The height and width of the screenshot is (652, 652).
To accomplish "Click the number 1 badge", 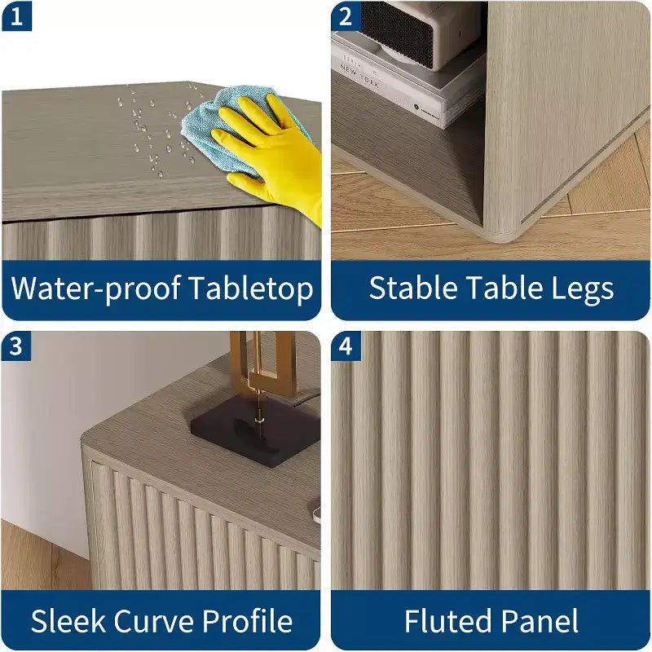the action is pos(16,16).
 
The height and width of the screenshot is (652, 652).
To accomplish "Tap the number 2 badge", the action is pos(346,16).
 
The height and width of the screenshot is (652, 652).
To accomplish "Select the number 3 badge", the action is pos(16,346).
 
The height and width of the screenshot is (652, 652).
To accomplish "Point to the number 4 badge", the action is pos(346,346).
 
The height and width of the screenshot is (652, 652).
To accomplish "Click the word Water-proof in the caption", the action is pos(95,289).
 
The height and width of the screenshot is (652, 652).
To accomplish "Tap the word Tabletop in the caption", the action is pos(251,289).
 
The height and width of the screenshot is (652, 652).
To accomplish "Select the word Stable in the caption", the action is pos(413,288).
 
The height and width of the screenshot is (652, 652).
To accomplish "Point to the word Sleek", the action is pos(68,621).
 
